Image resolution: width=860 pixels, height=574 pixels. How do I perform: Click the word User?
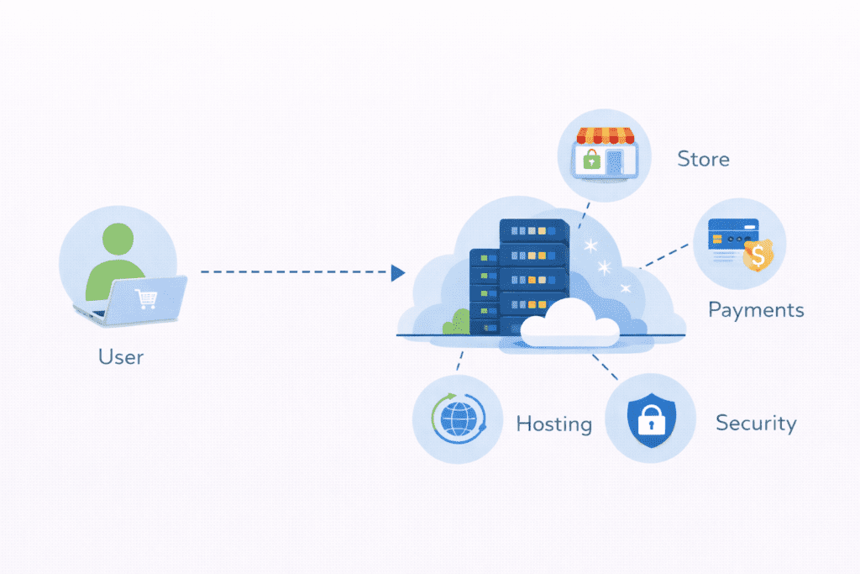(121, 356)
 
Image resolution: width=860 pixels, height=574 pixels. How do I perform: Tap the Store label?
(703, 159)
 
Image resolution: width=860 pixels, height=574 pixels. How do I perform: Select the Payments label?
(756, 310)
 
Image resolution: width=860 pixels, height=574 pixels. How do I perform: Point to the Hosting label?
(553, 424)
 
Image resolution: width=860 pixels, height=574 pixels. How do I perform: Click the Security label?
(756, 422)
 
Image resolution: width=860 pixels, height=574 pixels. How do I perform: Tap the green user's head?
(117, 241)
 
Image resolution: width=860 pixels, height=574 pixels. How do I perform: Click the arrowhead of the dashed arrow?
(398, 272)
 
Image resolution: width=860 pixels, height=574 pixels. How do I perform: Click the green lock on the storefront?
(592, 159)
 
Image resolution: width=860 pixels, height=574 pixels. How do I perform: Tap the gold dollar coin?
(758, 256)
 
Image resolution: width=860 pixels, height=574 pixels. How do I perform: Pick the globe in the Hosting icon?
(458, 419)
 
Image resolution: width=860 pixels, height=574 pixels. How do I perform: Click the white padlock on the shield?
(650, 419)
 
